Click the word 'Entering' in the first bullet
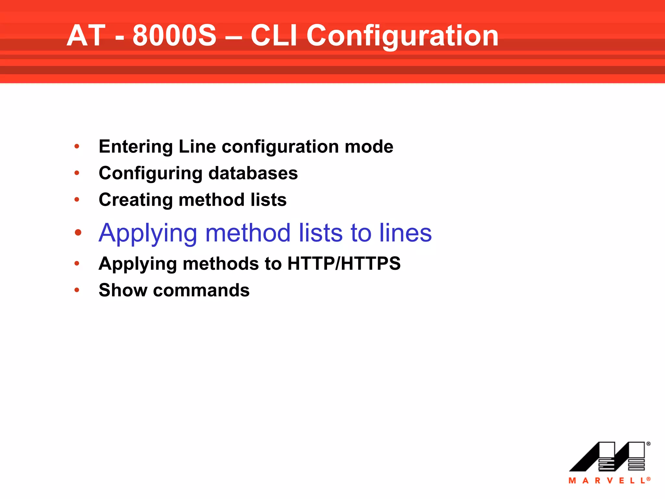(x=136, y=147)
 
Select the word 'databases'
(x=253, y=173)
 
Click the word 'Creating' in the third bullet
(x=136, y=200)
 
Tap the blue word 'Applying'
(x=148, y=233)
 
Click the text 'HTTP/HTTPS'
(x=344, y=263)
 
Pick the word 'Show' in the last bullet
(x=123, y=290)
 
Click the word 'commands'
(x=201, y=290)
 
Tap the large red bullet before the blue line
(x=78, y=233)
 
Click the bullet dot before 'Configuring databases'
(x=77, y=173)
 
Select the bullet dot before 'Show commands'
(x=77, y=290)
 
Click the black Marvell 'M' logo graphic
(x=607, y=456)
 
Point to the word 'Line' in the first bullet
(x=197, y=147)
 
